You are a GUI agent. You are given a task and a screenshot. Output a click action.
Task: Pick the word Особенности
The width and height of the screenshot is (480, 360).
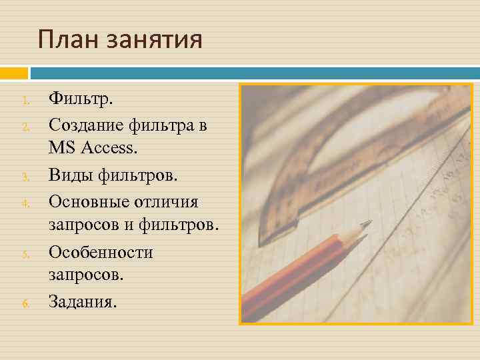[x=101, y=252]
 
